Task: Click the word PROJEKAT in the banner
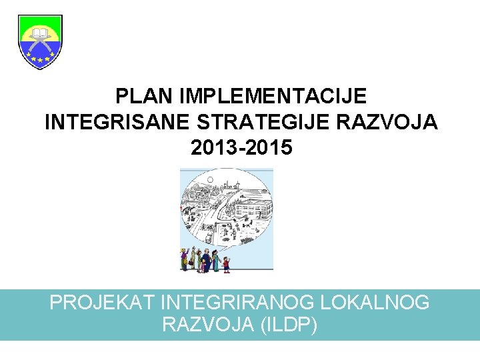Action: point(103,303)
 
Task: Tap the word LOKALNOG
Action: point(375,303)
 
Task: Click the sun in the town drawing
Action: point(210,180)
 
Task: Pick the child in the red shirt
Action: point(226,264)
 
